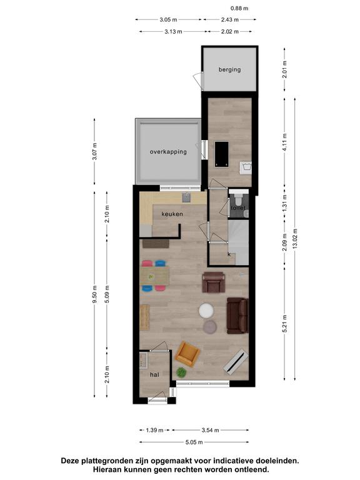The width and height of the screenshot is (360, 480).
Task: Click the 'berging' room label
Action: [x=229, y=70]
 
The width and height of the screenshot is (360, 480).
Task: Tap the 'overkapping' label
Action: [x=168, y=151]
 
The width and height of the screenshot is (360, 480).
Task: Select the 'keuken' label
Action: [x=172, y=214]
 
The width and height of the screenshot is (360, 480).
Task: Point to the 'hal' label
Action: [x=154, y=374]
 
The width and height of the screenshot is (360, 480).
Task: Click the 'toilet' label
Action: [x=238, y=208]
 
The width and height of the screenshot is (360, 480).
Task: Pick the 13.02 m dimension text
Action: [x=295, y=239]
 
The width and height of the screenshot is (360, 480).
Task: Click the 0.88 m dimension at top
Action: [x=239, y=8]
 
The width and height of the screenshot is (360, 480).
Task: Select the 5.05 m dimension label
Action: [x=194, y=442]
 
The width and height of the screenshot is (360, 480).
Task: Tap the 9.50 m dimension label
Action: [x=94, y=294]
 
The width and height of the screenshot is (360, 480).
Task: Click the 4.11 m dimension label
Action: [x=285, y=142]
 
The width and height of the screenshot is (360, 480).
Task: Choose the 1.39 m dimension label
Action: [x=154, y=430]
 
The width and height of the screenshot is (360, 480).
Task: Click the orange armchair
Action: [x=187, y=354]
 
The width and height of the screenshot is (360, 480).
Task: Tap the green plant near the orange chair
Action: [x=181, y=372]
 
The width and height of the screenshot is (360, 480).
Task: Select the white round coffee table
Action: [x=206, y=311]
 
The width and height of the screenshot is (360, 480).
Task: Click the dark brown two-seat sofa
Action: [x=237, y=316]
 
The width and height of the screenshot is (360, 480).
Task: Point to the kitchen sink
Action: [x=186, y=197]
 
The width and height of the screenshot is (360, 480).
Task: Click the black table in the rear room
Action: [x=222, y=154]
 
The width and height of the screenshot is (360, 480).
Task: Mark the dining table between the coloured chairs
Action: [x=154, y=276]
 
